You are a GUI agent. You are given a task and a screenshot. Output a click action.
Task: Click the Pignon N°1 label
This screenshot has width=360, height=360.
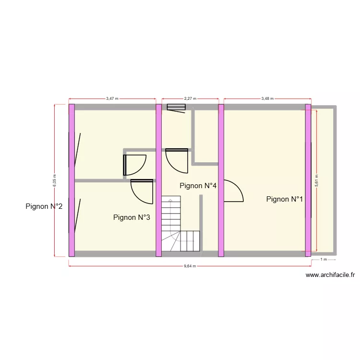285,199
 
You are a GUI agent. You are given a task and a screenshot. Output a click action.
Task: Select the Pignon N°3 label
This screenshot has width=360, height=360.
132,217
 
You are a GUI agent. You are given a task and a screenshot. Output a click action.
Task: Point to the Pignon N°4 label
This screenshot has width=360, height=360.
197,186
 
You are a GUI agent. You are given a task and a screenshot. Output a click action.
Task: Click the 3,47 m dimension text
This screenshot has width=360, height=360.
112,98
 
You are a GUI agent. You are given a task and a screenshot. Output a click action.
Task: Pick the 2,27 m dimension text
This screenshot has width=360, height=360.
190,98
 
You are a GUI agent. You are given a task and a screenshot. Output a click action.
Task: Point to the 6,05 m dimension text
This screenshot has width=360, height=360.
54,180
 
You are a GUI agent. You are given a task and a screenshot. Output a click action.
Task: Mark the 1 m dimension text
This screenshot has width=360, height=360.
324,260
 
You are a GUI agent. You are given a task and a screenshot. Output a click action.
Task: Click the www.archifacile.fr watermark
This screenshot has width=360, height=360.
330,275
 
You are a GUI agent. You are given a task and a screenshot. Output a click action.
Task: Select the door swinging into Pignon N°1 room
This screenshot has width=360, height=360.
233,191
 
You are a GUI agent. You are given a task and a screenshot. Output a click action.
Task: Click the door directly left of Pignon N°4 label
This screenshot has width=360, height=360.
176,160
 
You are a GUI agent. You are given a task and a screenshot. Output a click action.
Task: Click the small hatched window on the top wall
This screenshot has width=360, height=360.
176,107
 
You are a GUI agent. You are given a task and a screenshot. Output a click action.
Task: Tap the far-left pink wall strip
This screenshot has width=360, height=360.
72,180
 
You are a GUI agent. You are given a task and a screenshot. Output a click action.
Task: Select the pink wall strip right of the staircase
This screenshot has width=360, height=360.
221,180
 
